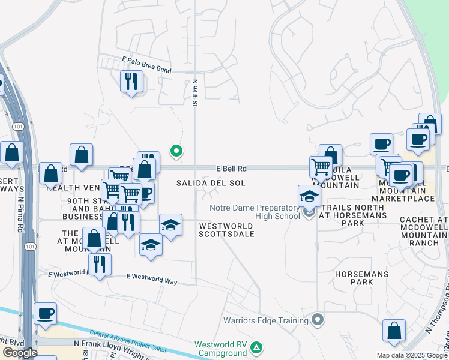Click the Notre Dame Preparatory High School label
pyautogui.click(x=255, y=212)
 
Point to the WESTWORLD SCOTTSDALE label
pyautogui.click(x=226, y=230)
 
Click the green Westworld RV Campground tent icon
pyautogui.click(x=256, y=347)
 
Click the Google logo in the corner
pyautogui.click(x=20, y=353)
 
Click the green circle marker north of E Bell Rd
pyautogui.click(x=176, y=151)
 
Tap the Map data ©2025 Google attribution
pyautogui.click(x=411, y=355)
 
